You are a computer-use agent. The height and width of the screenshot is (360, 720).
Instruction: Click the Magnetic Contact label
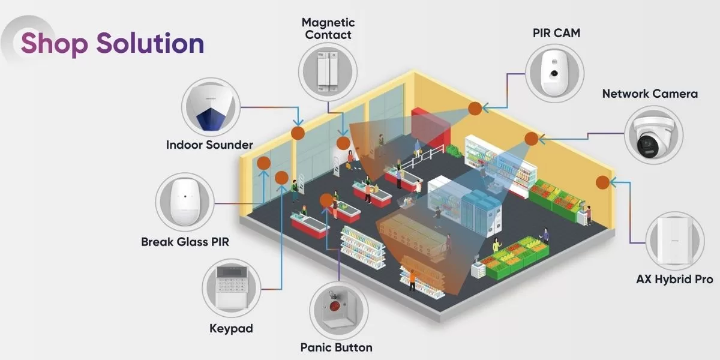(328, 29)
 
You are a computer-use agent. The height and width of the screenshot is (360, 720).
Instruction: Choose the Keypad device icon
(231, 287)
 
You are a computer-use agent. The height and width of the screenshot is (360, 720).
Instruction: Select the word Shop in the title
(54, 44)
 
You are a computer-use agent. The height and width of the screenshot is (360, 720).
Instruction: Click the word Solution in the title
(150, 44)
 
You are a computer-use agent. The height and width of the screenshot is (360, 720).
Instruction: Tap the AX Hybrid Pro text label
(674, 280)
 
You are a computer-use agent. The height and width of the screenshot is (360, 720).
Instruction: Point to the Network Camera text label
(650, 94)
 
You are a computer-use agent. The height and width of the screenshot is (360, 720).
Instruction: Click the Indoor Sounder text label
(209, 145)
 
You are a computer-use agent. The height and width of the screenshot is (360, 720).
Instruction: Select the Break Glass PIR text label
(185, 242)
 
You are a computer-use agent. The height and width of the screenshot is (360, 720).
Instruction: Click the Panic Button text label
(336, 347)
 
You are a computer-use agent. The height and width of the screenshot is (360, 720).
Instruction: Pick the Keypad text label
(231, 328)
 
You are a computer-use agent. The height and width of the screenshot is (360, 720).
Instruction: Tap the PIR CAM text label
(556, 34)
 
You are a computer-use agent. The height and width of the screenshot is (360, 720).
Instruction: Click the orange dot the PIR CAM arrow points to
(475, 108)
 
